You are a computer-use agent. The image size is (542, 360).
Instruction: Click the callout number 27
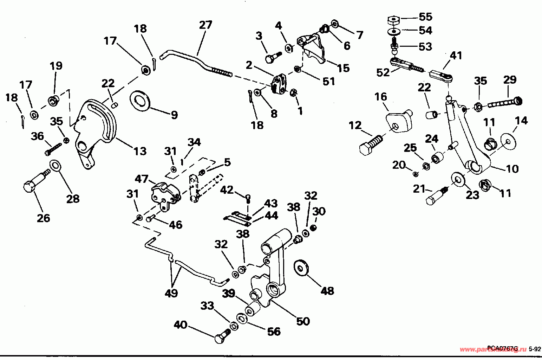pos(205,25)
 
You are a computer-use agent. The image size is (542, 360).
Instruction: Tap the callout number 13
pos(139,151)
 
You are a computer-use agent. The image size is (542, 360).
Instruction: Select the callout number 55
pos(425,17)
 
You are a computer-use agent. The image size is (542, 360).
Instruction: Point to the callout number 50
pos(303,321)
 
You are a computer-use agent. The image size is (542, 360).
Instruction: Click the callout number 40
pos(180,325)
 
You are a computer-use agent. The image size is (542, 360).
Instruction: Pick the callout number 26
pos(44,218)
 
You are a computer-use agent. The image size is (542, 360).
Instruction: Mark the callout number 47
pos(142,179)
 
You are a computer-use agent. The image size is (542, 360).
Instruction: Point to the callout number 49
pos(171,293)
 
